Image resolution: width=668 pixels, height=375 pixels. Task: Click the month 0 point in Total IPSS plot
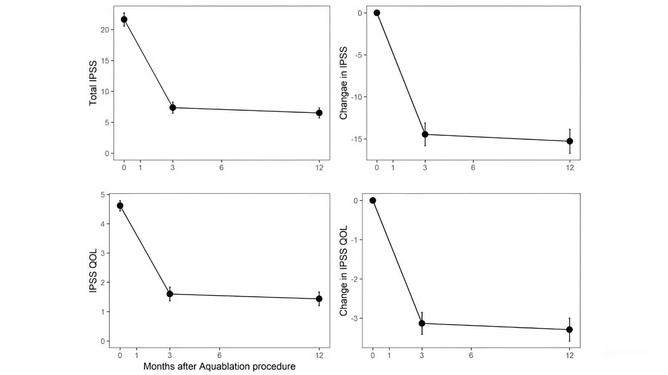tap(124, 20)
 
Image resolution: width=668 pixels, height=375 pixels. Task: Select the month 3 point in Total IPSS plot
tap(172, 108)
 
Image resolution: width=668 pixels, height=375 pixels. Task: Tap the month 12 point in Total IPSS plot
tap(319, 113)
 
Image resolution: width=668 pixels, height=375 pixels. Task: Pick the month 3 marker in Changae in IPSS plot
tap(425, 134)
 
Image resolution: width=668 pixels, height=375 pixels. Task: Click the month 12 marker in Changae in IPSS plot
tap(570, 141)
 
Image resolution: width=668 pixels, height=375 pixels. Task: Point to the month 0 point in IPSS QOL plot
tap(120, 205)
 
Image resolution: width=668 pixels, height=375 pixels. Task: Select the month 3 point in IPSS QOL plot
tap(170, 294)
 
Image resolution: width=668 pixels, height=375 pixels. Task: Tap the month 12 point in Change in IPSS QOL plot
tap(569, 330)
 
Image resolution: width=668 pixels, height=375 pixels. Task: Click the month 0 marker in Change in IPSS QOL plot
tap(373, 200)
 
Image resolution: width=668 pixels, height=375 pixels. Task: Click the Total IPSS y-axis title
tap(93, 83)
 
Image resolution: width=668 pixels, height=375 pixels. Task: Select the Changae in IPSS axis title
tap(344, 83)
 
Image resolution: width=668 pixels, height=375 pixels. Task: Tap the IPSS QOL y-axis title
tap(93, 270)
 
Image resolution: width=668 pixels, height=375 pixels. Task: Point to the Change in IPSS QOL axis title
tap(344, 270)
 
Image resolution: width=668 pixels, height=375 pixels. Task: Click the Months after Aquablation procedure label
tap(219, 366)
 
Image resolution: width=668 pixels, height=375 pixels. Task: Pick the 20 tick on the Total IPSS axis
tap(104, 30)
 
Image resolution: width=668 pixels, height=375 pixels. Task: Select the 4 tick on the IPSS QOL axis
tap(102, 224)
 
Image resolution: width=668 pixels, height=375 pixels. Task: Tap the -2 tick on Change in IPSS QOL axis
tap(355, 279)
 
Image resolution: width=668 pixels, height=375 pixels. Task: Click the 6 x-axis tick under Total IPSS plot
tap(221, 167)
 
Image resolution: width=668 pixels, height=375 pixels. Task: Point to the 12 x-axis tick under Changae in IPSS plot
tap(570, 167)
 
